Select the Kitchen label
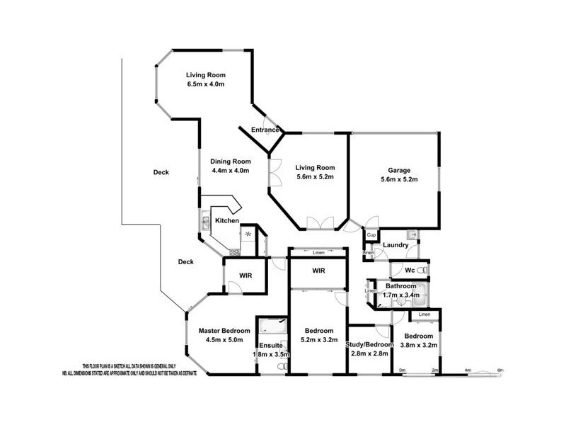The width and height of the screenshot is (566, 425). click(x=226, y=221)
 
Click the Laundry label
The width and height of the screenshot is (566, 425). click(x=395, y=245)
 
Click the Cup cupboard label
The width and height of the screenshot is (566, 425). click(x=371, y=235)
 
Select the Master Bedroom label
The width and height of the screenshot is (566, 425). click(x=224, y=331)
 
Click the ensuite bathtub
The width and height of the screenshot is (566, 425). click(x=273, y=326)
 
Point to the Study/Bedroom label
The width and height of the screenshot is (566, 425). click(x=368, y=345)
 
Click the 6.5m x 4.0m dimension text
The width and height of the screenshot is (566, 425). click(x=204, y=84)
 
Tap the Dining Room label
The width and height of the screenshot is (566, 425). click(x=231, y=160)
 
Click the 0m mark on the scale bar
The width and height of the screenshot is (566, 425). click(x=403, y=370)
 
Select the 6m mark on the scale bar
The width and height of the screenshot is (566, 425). click(x=500, y=370)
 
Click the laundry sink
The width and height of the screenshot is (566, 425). click(x=412, y=234)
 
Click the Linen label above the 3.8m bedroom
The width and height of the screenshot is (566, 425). click(x=424, y=314)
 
